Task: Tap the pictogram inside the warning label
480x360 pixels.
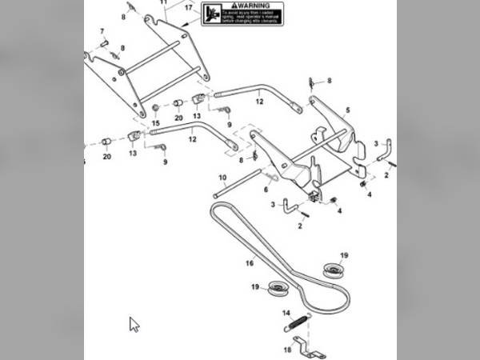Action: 212,14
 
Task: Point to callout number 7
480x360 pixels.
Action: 102,32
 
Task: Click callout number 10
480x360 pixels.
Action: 222,176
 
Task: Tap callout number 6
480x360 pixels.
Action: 266,189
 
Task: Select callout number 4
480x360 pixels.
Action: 339,211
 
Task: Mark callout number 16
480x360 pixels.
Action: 250,262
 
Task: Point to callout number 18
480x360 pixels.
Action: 286,350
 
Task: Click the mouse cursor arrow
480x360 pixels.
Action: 134,324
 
